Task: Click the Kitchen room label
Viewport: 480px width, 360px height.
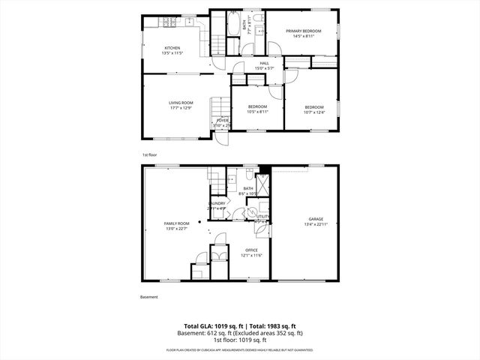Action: click(x=172, y=47)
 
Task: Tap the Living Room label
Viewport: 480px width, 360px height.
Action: click(x=181, y=103)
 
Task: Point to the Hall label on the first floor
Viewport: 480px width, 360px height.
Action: click(x=264, y=63)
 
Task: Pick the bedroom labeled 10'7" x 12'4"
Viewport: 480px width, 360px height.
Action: click(x=313, y=107)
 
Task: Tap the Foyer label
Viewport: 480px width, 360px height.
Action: click(x=223, y=120)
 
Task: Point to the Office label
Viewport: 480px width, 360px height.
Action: click(x=251, y=251)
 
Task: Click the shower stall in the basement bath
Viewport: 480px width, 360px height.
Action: click(x=262, y=184)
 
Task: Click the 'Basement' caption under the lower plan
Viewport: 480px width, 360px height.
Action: click(x=149, y=297)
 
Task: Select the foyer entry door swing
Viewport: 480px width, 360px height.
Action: click(x=220, y=137)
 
